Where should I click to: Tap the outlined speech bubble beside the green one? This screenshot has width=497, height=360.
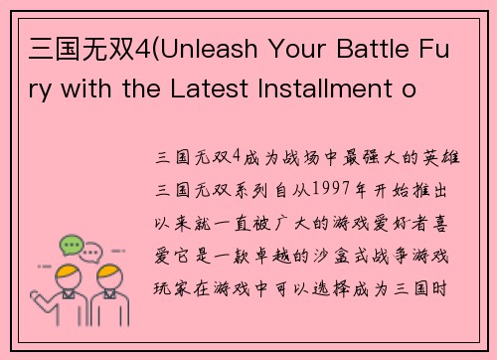click(91, 251)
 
